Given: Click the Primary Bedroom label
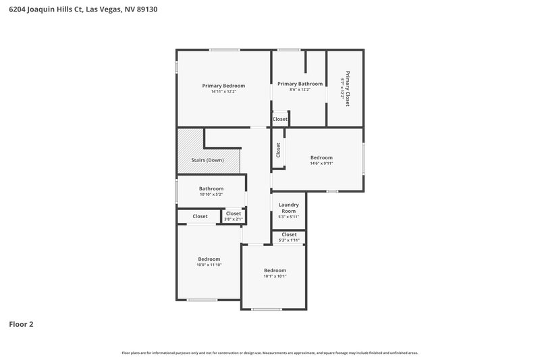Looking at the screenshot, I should [223, 86].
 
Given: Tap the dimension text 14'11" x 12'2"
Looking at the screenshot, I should [223, 92].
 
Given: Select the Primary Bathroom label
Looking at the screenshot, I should [300, 84].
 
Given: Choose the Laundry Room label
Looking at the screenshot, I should [288, 207].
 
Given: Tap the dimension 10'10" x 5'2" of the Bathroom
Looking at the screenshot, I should [211, 195].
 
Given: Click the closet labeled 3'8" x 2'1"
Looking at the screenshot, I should [233, 216].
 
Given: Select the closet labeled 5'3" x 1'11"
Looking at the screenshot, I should [289, 237].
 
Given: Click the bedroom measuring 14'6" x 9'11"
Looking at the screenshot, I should [321, 160].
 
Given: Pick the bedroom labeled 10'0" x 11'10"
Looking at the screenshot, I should [209, 262].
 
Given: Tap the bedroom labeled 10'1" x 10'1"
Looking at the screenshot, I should [275, 273].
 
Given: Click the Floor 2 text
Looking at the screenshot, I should [21, 324].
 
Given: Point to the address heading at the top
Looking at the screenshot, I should [84, 11].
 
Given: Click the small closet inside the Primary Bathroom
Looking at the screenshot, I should [279, 119].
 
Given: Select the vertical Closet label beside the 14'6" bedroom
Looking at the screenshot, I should [277, 149].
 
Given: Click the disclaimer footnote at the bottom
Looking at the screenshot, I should [270, 353].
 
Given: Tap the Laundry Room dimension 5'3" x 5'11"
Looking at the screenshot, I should [288, 217].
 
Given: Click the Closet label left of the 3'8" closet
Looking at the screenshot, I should [200, 216].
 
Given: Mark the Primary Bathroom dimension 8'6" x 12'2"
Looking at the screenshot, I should [300, 90].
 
